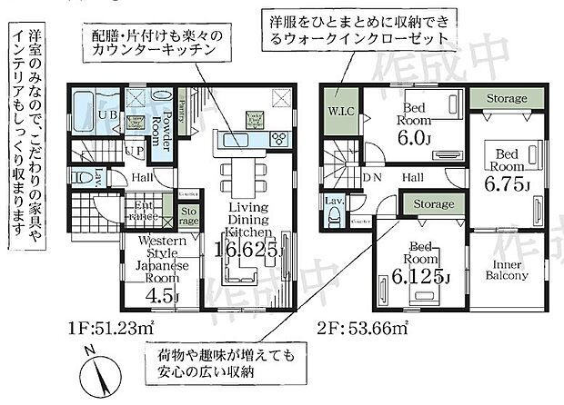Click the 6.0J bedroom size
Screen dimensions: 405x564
(417, 136)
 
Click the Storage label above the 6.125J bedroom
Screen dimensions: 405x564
(433, 205)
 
